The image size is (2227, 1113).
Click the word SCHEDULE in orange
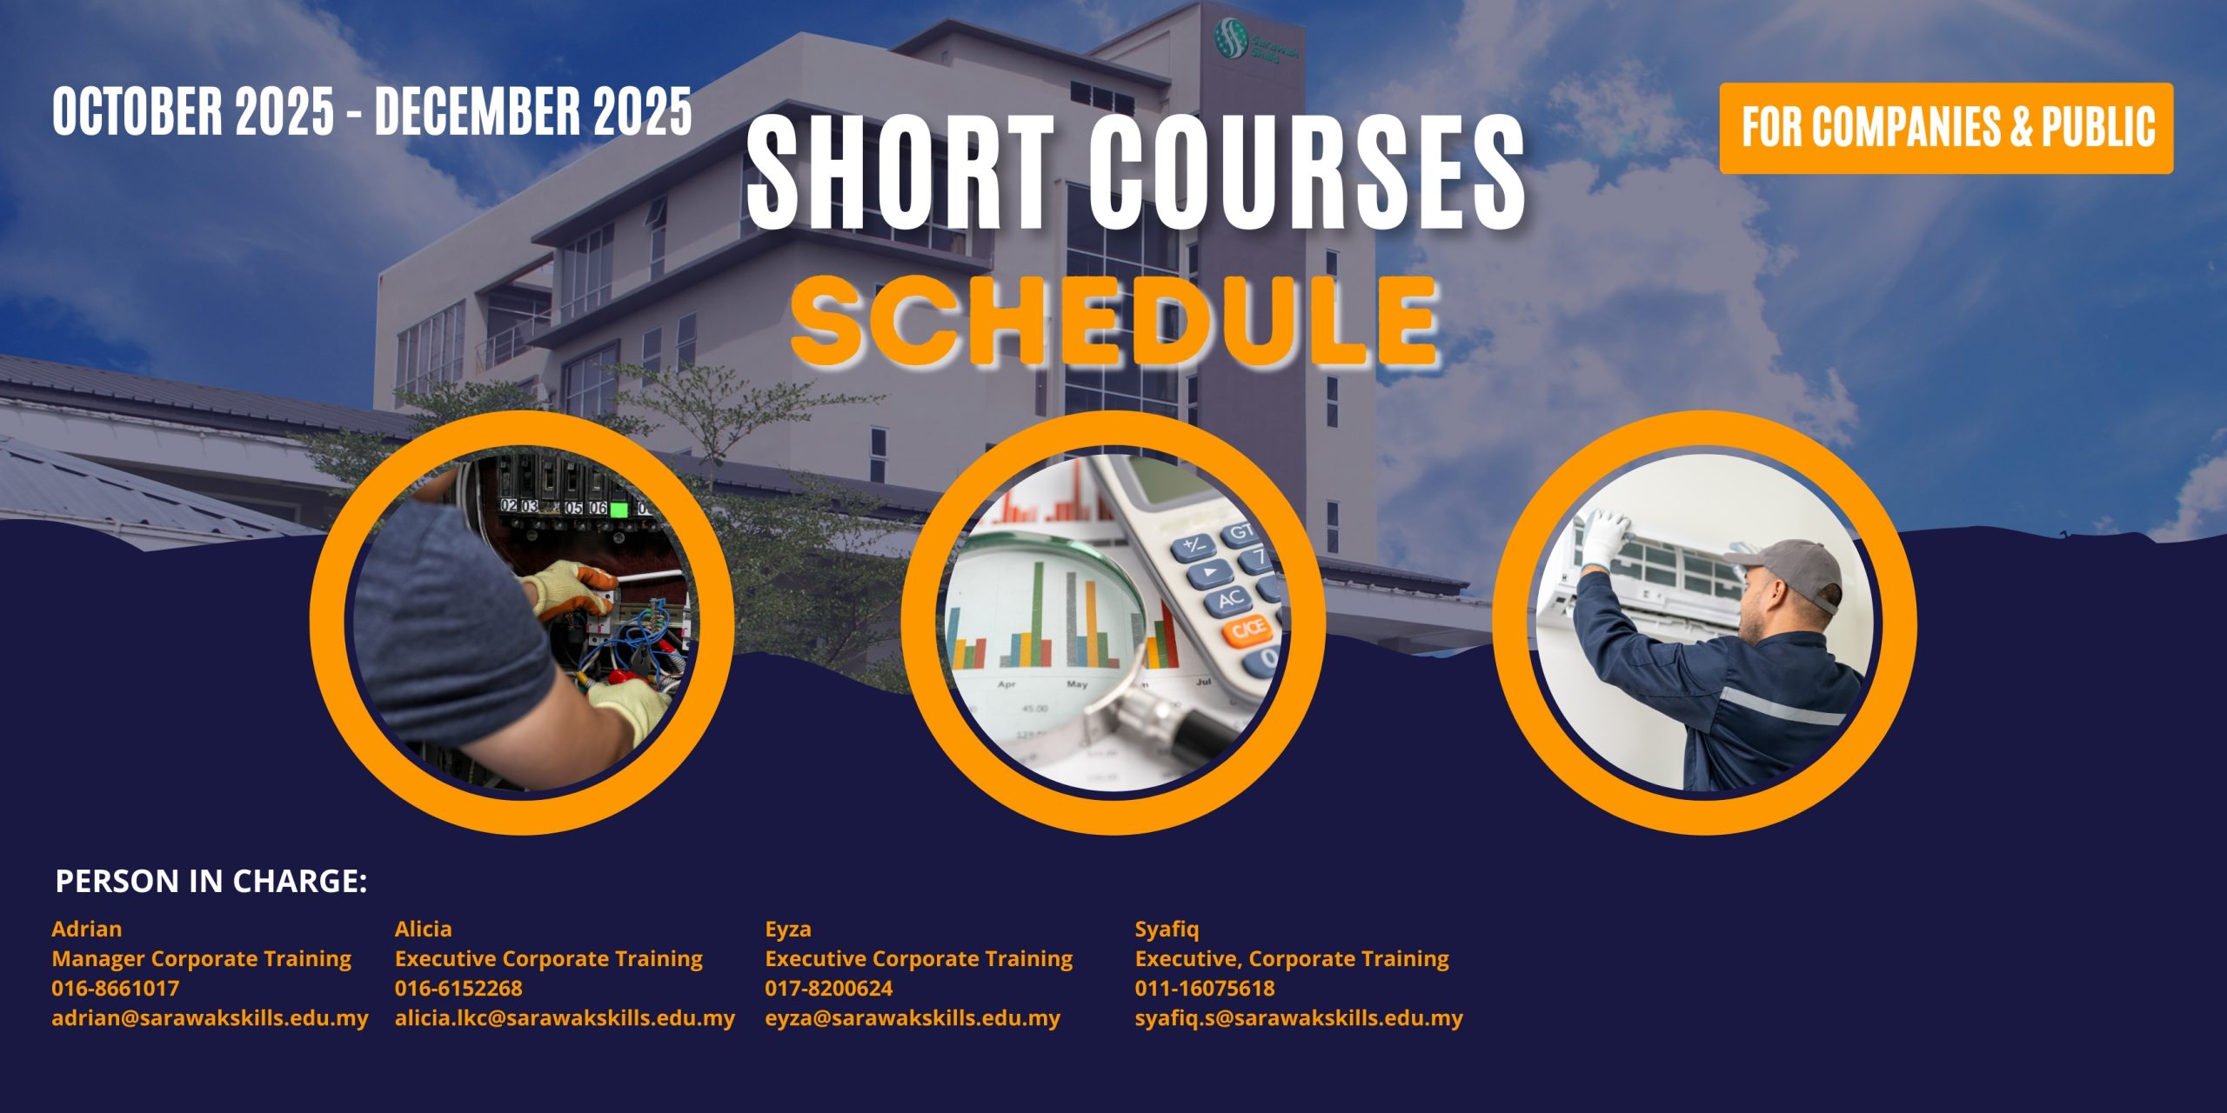coord(1114,322)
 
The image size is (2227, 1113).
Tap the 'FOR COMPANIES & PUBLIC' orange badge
coord(1946,128)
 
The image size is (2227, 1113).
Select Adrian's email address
coord(210,1018)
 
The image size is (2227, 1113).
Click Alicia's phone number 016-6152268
coord(458,989)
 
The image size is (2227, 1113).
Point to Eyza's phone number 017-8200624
coord(828,989)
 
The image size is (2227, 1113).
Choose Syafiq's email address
coord(1299,1018)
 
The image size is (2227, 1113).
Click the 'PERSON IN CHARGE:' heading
coord(211,882)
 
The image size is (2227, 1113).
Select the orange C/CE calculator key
coord(1249,630)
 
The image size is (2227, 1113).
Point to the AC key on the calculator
coord(1231,598)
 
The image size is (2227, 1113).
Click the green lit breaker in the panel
coord(619,510)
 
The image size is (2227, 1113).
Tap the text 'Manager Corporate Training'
coord(201,959)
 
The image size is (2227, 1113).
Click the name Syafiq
coord(1167,930)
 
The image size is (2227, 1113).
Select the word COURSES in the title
coord(1306,173)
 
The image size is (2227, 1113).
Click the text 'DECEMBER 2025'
coord(533,112)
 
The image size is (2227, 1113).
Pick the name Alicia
coord(423,929)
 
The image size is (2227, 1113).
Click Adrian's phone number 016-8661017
coord(115,989)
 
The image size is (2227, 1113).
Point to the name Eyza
coord(787,930)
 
